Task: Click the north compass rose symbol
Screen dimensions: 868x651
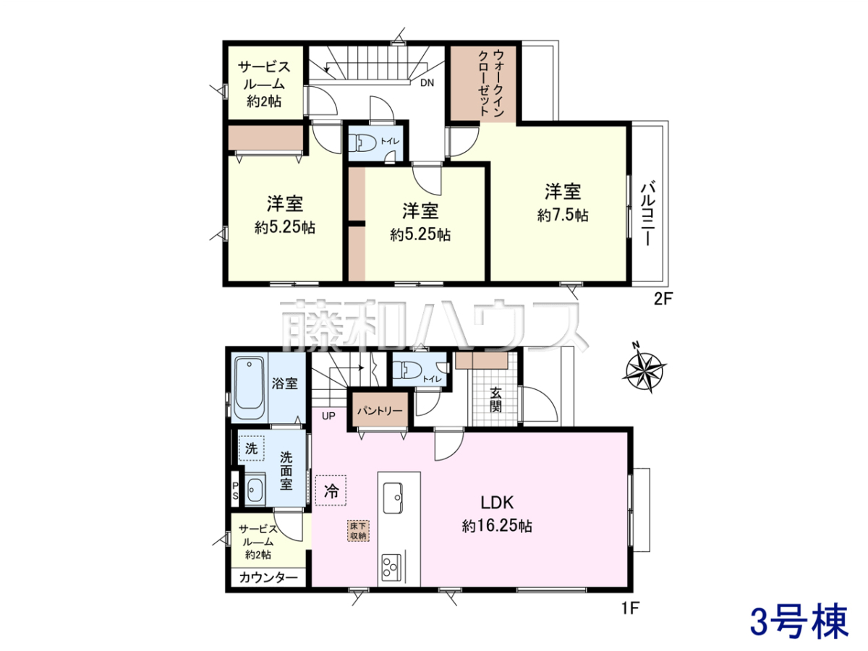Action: tap(644, 368)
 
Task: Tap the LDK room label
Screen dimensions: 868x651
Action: tap(497, 503)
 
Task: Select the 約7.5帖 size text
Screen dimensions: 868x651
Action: tap(563, 216)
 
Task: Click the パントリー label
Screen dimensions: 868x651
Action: tap(380, 411)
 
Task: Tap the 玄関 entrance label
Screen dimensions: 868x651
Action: tap(496, 399)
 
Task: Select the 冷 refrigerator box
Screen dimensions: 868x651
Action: tap(331, 490)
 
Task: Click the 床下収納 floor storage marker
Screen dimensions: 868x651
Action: tap(359, 530)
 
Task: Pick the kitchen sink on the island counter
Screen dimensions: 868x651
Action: tap(393, 498)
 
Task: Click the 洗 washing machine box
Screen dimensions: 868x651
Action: tap(251, 448)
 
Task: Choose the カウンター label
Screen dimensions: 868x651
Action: tap(268, 578)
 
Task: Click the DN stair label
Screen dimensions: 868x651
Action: tap(427, 83)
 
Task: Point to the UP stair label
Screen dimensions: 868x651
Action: tap(328, 416)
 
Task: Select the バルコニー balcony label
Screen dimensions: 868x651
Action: tap(647, 214)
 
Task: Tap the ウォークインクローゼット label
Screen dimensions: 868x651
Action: tap(491, 83)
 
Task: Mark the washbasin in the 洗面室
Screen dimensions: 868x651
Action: tap(255, 490)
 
